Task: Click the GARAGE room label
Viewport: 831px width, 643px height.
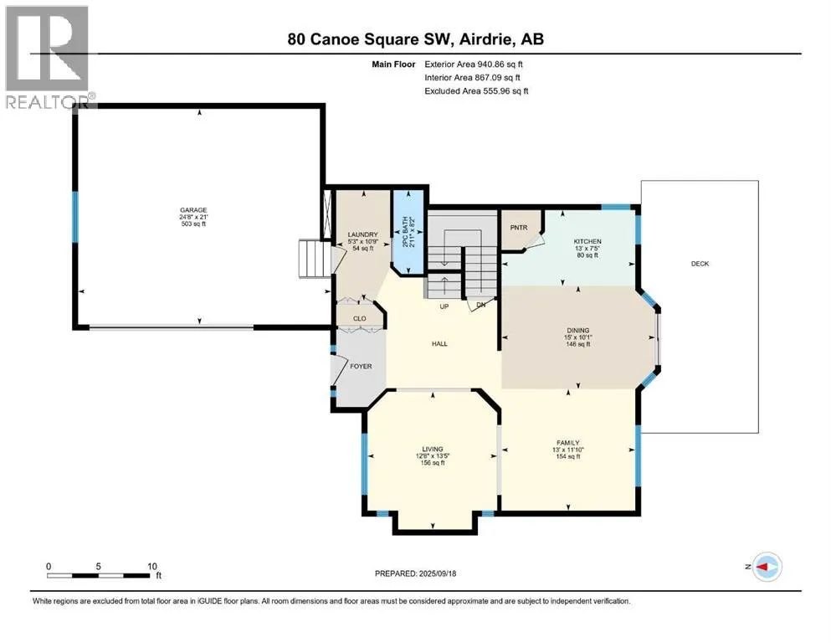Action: coord(193,210)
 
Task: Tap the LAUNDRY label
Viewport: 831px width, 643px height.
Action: coord(362,234)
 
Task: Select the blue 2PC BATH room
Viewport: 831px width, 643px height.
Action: coord(408,232)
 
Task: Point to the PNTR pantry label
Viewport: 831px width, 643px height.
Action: coord(519,228)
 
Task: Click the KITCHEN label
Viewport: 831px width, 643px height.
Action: coord(587,241)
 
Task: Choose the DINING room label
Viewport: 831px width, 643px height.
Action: coord(577,330)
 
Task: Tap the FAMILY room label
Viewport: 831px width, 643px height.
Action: coord(567,443)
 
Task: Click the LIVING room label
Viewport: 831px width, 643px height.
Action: coord(433,449)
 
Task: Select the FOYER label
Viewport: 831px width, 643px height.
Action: coord(361,367)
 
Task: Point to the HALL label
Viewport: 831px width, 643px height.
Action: coord(439,343)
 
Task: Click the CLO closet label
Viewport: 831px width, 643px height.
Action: coord(359,319)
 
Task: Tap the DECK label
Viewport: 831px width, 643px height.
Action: coord(700,264)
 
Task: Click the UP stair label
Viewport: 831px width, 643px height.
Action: coord(444,306)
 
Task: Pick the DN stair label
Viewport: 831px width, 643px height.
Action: coord(480,305)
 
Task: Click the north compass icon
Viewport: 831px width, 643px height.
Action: coord(767,567)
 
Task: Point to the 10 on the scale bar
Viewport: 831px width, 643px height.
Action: coord(152,566)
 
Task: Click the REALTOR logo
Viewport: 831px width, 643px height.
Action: coord(48,57)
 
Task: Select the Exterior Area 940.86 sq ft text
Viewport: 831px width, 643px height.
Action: coord(474,64)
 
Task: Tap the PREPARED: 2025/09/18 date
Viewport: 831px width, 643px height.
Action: coord(415,574)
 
